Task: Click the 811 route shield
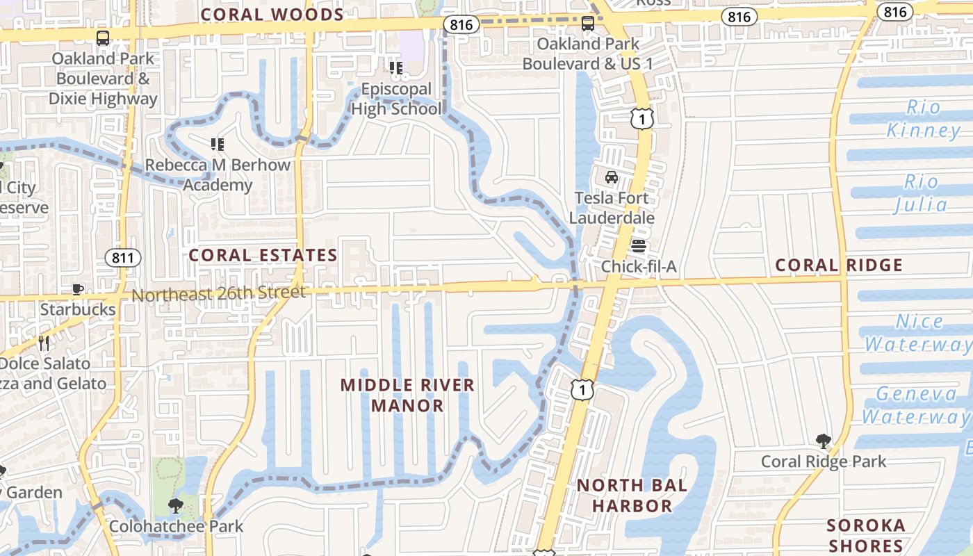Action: pyautogui.click(x=123, y=258)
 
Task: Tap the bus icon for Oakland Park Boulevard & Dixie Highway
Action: pyautogui.click(x=103, y=38)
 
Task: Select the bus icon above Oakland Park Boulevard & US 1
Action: pyautogui.click(x=588, y=24)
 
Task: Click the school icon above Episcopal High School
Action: pyautogui.click(x=396, y=68)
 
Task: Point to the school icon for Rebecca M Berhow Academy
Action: pyautogui.click(x=218, y=145)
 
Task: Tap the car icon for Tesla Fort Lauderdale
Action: pyautogui.click(x=612, y=177)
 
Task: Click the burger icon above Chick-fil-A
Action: pyautogui.click(x=638, y=246)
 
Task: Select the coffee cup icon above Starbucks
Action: pyautogui.click(x=78, y=289)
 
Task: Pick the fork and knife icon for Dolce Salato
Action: pyautogui.click(x=44, y=343)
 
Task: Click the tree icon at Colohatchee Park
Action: pyautogui.click(x=176, y=505)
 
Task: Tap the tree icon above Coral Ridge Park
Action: pyautogui.click(x=824, y=441)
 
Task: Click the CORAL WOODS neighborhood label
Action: pyautogui.click(x=272, y=15)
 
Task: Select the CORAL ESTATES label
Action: pyautogui.click(x=263, y=255)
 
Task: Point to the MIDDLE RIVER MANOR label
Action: pyautogui.click(x=407, y=395)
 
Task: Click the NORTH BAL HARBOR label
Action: pyautogui.click(x=632, y=495)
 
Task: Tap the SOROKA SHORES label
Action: pyautogui.click(x=866, y=535)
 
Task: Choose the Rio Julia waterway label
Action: pyautogui.click(x=921, y=193)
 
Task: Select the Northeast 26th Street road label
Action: pyautogui.click(x=218, y=293)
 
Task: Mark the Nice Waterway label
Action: pyautogui.click(x=917, y=333)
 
